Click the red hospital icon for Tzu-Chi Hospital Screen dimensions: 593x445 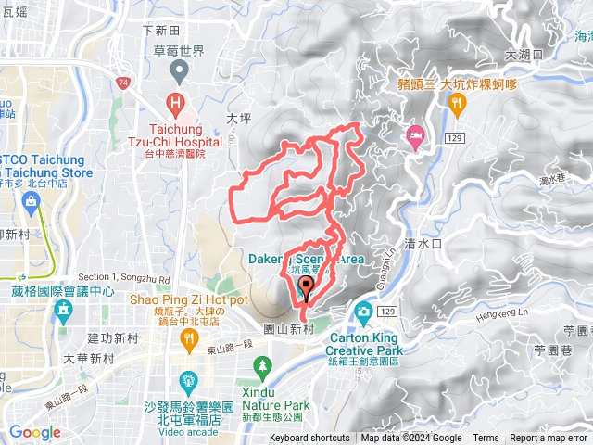[174, 102]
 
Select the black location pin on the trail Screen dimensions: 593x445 [308, 288]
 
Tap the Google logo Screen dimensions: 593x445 [35, 432]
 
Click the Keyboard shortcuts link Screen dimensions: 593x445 [309, 439]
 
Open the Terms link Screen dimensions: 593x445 [486, 439]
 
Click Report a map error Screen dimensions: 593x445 [550, 439]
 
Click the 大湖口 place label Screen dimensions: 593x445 [524, 56]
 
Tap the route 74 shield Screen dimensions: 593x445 [122, 83]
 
